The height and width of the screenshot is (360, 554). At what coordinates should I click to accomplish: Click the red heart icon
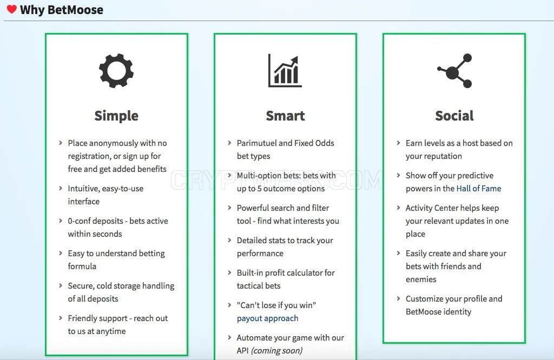[12, 9]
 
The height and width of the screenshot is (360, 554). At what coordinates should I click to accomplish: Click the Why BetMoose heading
[62, 10]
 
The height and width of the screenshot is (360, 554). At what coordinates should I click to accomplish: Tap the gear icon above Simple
[116, 71]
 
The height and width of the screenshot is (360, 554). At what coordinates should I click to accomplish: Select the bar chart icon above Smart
[285, 70]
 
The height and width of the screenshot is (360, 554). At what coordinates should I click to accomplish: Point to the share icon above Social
[454, 71]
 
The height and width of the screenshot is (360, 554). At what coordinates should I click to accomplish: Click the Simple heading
[116, 116]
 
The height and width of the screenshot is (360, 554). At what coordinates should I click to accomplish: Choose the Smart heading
[285, 116]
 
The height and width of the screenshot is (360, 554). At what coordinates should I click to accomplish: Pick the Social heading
[454, 116]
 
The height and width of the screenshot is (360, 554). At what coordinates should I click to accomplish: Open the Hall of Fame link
[479, 189]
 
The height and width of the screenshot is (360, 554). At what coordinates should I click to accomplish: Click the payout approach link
[267, 318]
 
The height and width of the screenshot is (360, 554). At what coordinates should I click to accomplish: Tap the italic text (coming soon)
[276, 351]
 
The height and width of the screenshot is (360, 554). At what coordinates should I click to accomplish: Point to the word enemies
[421, 279]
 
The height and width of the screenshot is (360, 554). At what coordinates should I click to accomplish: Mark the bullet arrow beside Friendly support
[61, 318]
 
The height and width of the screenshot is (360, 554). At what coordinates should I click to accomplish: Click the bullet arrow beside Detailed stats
[229, 240]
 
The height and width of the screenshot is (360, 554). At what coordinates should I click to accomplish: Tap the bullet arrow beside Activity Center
[398, 208]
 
